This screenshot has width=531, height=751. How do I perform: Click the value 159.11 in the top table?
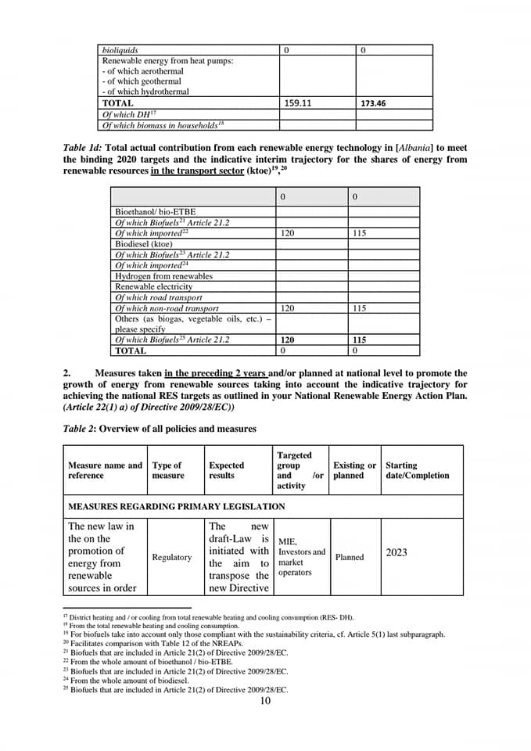tap(298, 102)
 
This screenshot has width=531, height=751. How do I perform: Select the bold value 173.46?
tap(373, 103)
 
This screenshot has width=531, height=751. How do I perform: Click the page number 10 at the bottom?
tap(265, 700)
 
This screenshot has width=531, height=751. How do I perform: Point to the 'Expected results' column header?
tap(226, 470)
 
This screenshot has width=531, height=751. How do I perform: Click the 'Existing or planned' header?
tap(354, 470)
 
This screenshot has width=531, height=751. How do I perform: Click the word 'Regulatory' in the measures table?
tap(172, 557)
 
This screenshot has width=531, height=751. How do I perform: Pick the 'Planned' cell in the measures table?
tap(350, 557)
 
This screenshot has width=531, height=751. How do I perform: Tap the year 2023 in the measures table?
tap(396, 552)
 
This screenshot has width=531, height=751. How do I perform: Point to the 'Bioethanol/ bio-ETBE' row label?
tap(155, 212)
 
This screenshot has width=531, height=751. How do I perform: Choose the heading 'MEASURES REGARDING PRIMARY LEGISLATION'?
tap(176, 507)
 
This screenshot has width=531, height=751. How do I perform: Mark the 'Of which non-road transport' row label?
tap(167, 308)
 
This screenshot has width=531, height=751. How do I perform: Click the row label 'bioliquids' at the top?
tap(120, 50)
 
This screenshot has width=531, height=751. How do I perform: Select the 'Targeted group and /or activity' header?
tap(300, 470)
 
